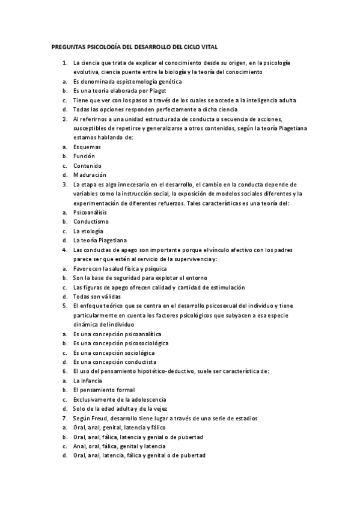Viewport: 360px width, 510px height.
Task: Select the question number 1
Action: pyautogui.click(x=64, y=63)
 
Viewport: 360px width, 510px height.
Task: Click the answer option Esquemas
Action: pyautogui.click(x=87, y=146)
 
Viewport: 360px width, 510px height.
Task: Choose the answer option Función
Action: pyautogui.click(x=84, y=156)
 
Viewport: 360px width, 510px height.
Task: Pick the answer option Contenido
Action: pyautogui.click(x=87, y=165)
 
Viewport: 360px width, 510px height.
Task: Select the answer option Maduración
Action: pyautogui.click(x=90, y=174)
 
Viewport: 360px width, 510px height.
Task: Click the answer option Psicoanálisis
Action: pyautogui.click(x=92, y=212)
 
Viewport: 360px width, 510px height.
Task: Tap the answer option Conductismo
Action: pyautogui.click(x=91, y=221)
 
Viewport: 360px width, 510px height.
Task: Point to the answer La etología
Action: pyautogui.click(x=88, y=231)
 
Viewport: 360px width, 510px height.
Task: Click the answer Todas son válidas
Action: pyautogui.click(x=97, y=296)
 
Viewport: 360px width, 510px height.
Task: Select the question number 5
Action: pyautogui.click(x=64, y=306)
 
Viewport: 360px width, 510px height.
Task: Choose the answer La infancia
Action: pyautogui.click(x=87, y=381)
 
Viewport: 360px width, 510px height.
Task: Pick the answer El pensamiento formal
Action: pyautogui.click(x=100, y=390)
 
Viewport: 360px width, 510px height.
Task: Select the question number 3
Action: pyautogui.click(x=64, y=184)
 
